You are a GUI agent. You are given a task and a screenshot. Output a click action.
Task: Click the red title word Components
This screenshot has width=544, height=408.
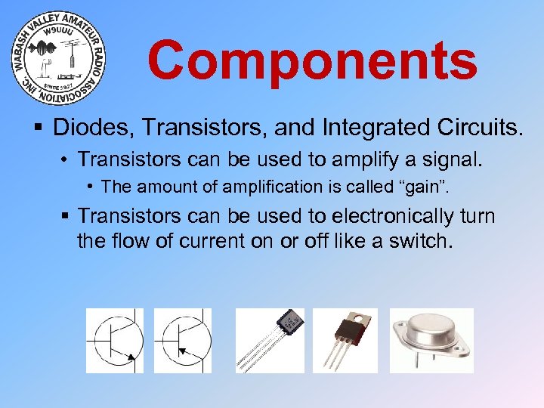pos(312,60)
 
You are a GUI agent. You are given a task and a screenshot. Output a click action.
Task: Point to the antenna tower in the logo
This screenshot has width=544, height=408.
pos(71,59)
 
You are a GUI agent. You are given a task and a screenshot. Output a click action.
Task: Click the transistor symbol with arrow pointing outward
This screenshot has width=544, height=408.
pos(114,339)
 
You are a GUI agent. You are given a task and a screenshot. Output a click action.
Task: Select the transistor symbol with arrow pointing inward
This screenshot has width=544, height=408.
pos(182,339)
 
